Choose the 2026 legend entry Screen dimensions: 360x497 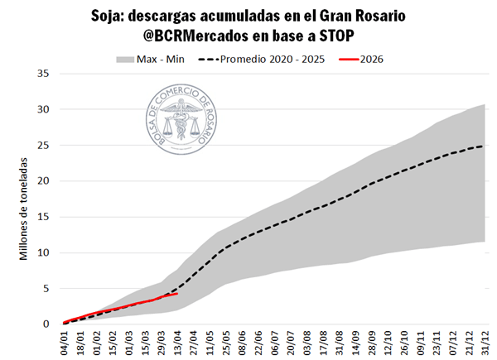pos(371,59)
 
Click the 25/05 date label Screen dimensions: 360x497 pos(224,341)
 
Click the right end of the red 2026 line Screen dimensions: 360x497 pos(176,293)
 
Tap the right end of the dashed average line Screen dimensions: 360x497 pos(483,146)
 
